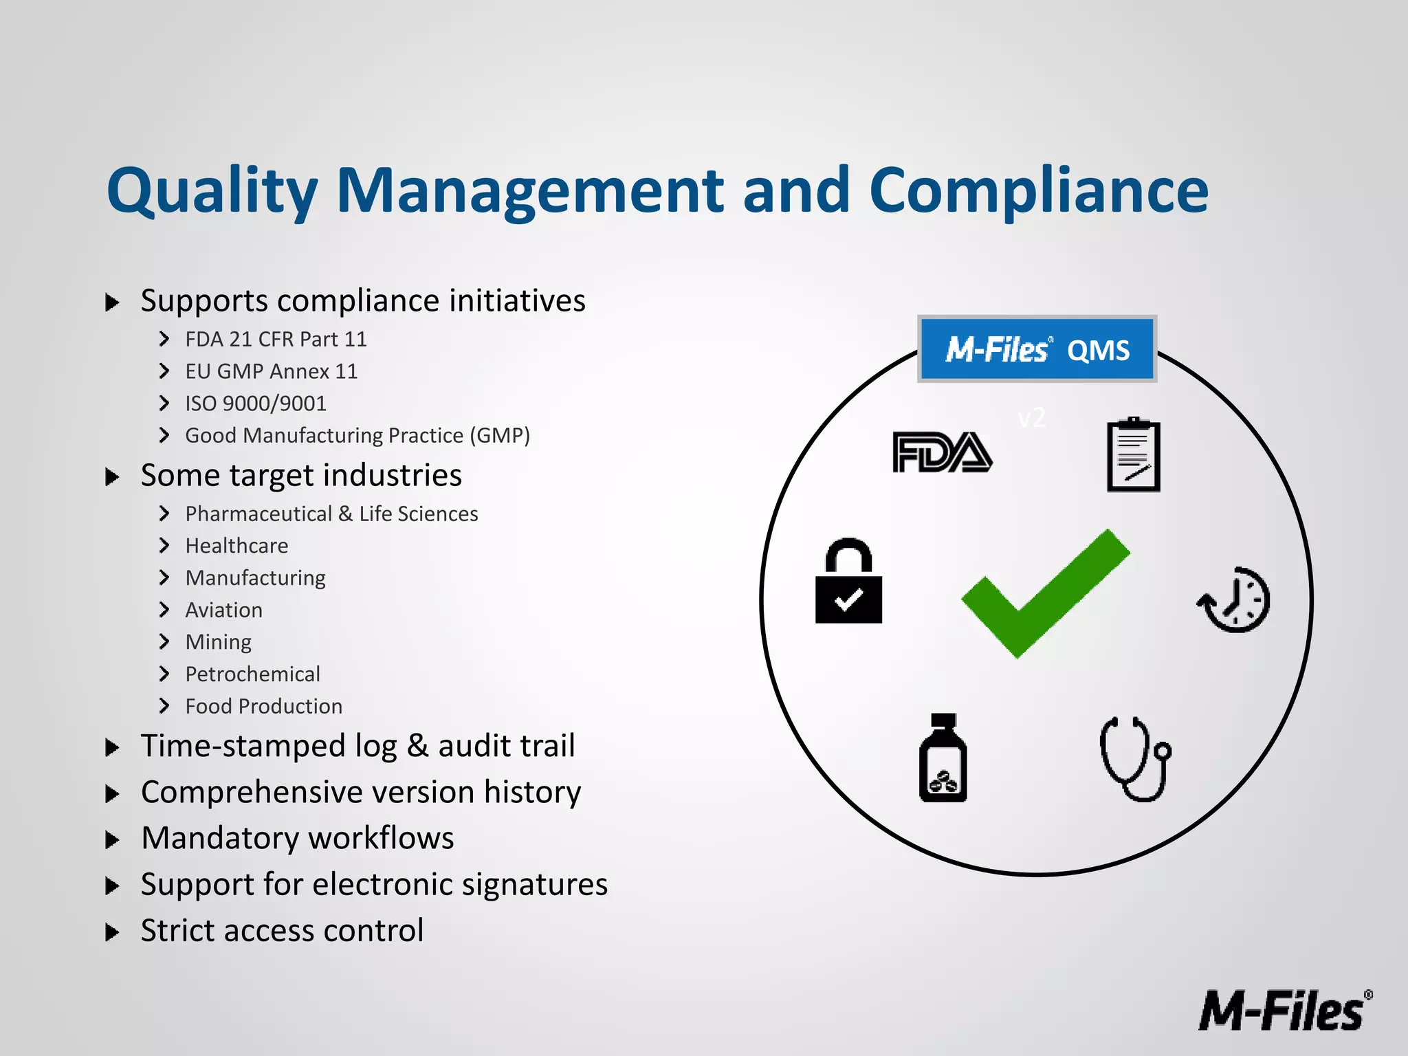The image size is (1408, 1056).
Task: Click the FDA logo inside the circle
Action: (942, 452)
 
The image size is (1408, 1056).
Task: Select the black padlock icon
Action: (848, 582)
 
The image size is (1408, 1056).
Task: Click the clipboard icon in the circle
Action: (1133, 454)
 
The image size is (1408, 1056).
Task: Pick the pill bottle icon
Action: (943, 759)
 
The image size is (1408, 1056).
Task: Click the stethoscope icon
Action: (1134, 759)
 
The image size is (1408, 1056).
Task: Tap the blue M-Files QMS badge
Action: (1037, 349)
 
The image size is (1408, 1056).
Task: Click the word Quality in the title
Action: (212, 191)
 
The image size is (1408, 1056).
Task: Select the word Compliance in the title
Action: (1038, 191)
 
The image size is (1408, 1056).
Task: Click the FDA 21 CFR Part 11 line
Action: (276, 340)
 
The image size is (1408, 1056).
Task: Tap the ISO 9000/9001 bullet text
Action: (256, 404)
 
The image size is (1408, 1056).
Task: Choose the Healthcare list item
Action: (236, 546)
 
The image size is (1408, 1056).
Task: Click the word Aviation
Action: (223, 610)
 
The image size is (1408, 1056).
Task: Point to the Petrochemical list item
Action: (252, 674)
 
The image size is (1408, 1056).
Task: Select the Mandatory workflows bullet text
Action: (297, 838)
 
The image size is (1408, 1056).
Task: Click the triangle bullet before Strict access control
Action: (113, 932)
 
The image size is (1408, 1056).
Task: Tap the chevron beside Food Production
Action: (164, 706)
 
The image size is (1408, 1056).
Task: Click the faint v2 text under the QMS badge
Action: (1031, 418)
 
